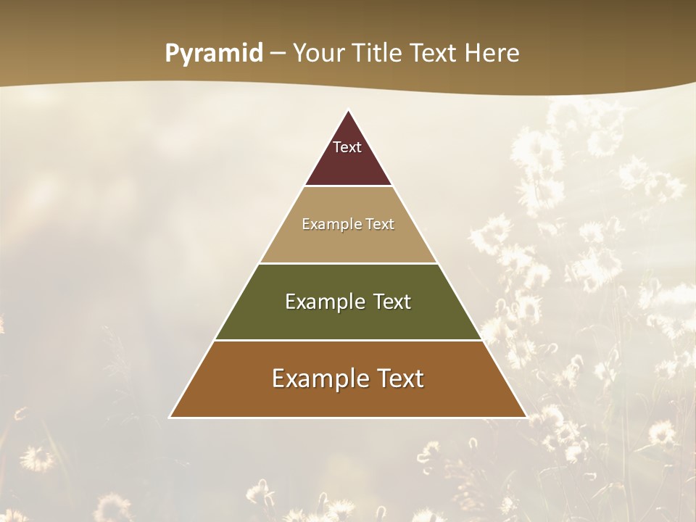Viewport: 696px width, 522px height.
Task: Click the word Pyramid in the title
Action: [214, 54]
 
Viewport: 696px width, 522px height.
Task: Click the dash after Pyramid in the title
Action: [278, 54]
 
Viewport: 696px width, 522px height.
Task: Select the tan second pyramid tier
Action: [348, 243]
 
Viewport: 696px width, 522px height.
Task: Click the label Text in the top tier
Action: [347, 147]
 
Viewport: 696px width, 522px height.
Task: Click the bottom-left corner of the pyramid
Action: [170, 417]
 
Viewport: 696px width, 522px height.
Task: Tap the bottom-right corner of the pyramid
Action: [526, 417]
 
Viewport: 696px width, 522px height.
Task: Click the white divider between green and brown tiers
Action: [348, 340]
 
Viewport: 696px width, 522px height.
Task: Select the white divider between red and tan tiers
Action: [348, 186]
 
